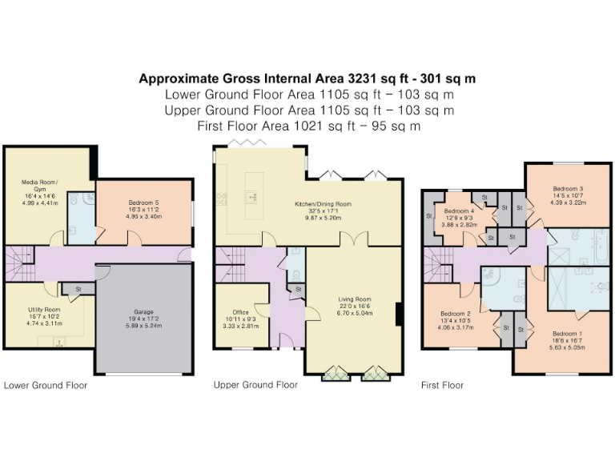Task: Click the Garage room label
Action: (144, 311)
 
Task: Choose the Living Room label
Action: (353, 299)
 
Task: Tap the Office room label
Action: (241, 312)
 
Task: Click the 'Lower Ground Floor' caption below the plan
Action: (46, 385)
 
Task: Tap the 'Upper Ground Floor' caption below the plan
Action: (255, 385)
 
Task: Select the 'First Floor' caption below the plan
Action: (442, 385)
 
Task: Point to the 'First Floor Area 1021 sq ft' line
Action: (308, 126)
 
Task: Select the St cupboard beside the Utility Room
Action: (78, 289)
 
